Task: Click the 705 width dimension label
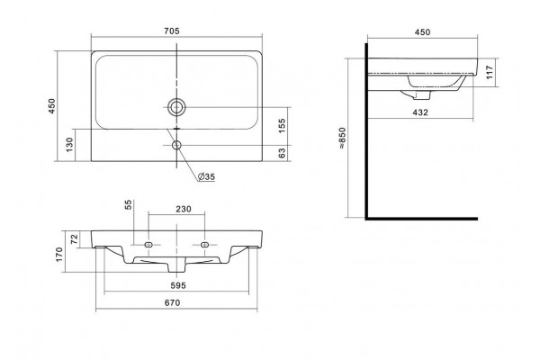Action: (172, 31)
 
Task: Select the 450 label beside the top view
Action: (51, 106)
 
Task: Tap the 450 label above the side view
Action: (422, 32)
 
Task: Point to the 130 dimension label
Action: (69, 145)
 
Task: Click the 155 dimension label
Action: (282, 126)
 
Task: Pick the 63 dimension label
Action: (282, 153)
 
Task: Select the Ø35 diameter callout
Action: (206, 176)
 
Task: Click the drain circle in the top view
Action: (176, 107)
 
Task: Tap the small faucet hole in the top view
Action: (176, 145)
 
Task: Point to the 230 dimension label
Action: (184, 209)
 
